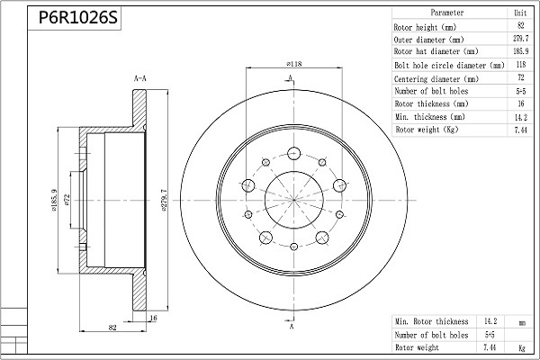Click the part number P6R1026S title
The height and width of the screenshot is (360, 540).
point(77,18)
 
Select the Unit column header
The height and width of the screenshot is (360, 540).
point(519,13)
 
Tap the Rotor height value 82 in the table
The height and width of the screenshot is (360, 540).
point(519,27)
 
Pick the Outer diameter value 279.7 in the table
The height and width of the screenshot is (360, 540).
point(519,40)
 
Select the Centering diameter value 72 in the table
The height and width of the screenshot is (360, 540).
point(519,78)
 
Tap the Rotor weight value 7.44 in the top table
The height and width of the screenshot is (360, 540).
point(519,130)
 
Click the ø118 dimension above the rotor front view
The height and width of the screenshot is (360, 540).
point(293,64)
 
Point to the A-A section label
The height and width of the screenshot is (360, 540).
point(140,79)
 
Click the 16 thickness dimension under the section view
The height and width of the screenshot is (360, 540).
point(153,318)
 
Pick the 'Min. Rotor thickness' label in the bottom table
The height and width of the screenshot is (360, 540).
point(431,320)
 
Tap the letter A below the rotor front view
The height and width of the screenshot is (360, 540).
point(291,327)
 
